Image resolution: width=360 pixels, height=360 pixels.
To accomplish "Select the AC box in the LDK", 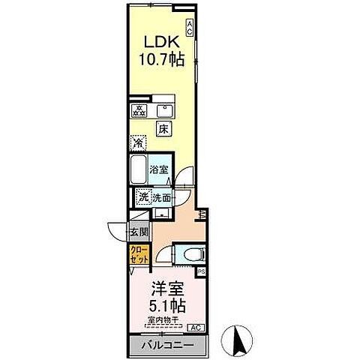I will [190, 28].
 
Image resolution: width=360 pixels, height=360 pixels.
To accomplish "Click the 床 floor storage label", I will [162, 128].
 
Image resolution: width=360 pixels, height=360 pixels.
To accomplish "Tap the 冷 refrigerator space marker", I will [138, 142].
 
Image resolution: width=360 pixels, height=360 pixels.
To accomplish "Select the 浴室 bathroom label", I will [159, 170].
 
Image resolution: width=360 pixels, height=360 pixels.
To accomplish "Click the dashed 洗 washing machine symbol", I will [142, 196].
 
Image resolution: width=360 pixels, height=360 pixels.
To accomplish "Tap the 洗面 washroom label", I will [162, 197].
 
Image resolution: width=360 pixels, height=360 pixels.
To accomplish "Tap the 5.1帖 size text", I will [166, 306].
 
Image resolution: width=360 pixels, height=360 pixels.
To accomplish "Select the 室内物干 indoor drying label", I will [166, 320].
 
